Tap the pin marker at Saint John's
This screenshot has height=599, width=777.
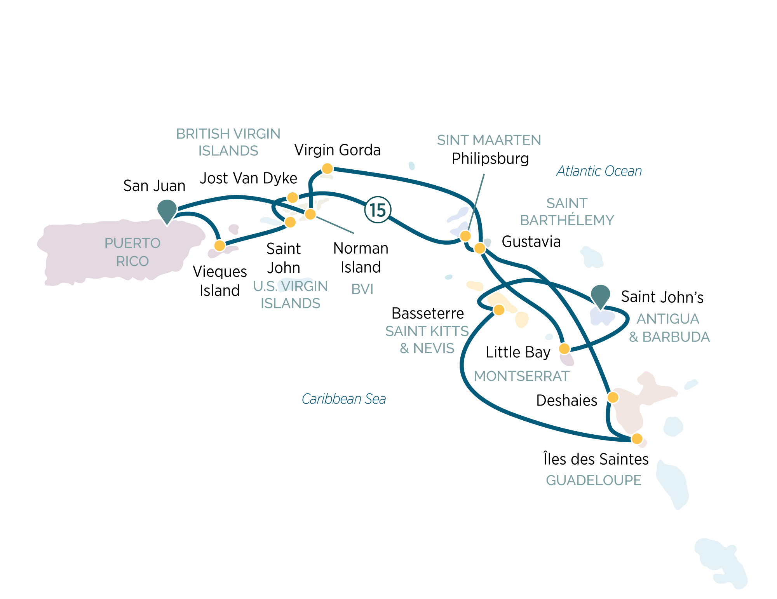click(601, 296)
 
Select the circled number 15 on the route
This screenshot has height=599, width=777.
click(378, 210)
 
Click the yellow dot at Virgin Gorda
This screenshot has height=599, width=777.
click(327, 169)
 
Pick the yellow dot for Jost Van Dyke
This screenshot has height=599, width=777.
click(293, 198)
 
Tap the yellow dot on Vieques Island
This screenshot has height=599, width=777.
click(220, 246)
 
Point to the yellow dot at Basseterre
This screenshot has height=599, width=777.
click(499, 310)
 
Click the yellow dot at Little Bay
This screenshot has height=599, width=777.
click(564, 348)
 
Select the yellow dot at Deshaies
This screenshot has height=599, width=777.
click(613, 397)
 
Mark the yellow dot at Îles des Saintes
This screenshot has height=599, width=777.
click(637, 439)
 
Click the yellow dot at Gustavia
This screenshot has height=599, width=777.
click(480, 248)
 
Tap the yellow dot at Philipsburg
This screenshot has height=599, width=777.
click(465, 236)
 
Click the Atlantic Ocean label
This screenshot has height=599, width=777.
click(599, 171)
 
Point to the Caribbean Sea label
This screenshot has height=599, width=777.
click(344, 399)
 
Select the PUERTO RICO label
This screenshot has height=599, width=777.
click(132, 252)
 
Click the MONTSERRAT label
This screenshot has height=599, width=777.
click(521, 376)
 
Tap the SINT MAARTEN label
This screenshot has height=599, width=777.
click(489, 140)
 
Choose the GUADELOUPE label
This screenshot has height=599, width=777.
click(594, 481)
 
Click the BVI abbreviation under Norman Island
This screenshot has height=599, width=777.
click(362, 289)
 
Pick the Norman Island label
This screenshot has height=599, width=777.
click(361, 258)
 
